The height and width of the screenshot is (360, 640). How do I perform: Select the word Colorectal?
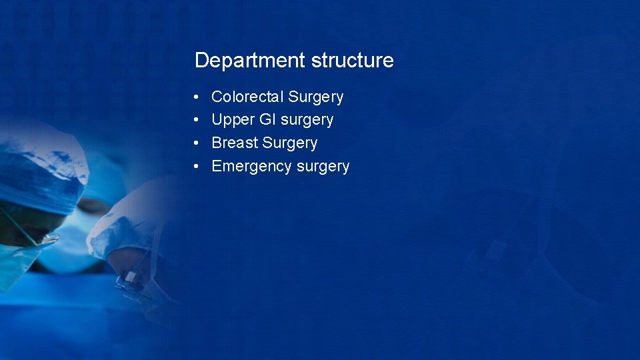click(248, 97)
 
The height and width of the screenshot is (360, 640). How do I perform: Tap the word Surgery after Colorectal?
click(316, 97)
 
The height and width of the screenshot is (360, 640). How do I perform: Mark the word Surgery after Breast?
click(290, 143)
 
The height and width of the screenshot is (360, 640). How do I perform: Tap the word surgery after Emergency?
click(323, 167)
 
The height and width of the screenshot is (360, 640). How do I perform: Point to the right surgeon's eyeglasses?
click(130, 280)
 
